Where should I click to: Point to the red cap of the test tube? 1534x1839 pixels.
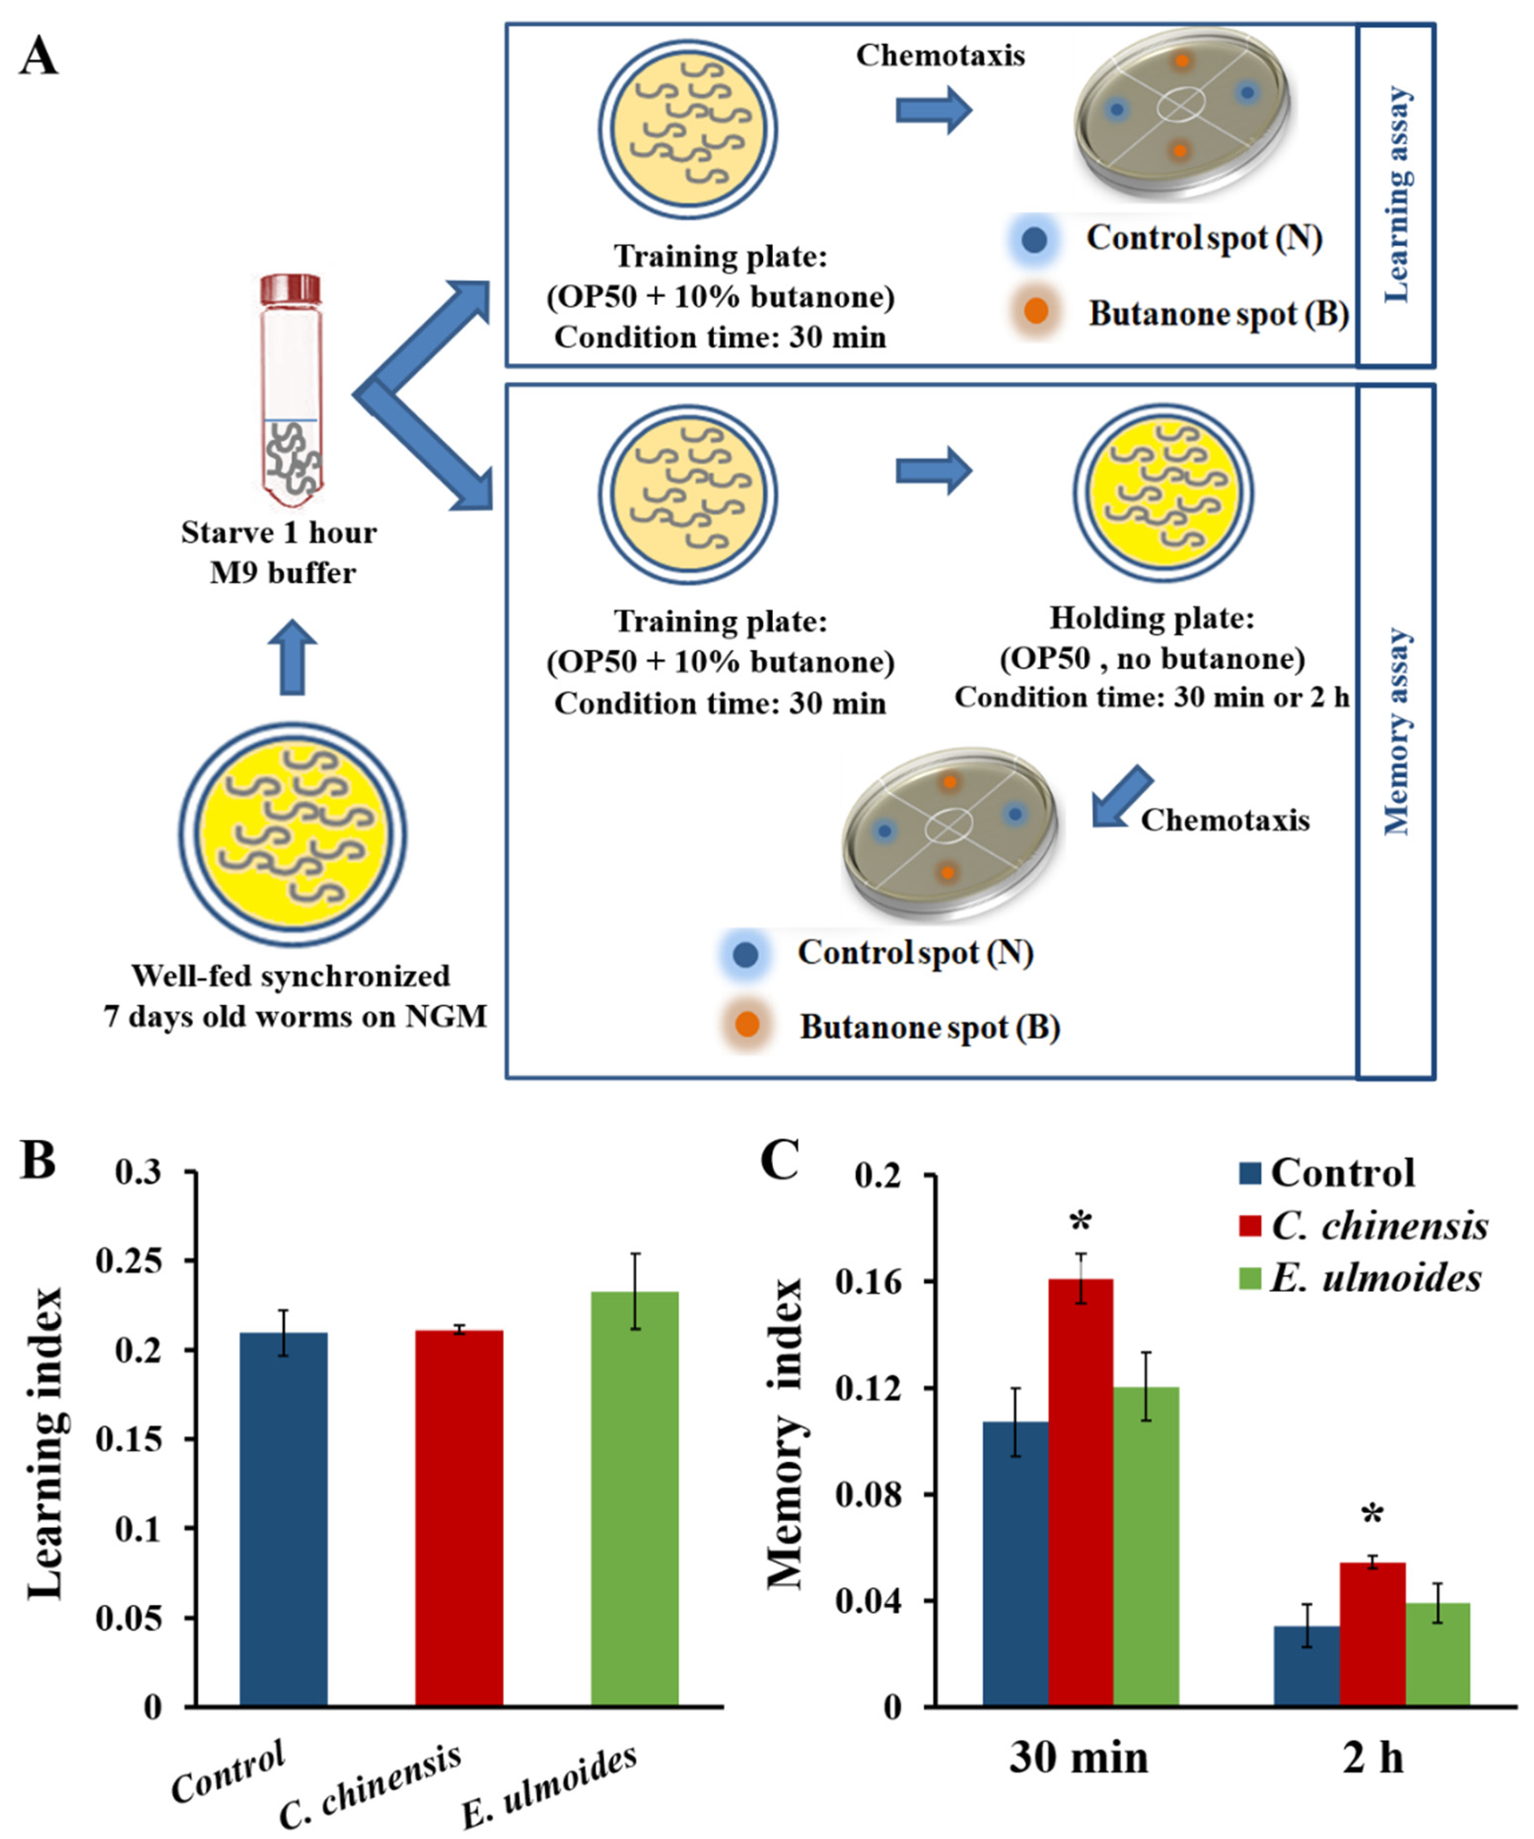pos(291,288)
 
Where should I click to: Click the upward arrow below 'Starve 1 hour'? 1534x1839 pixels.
pos(292,657)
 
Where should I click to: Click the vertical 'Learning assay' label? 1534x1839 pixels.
pos(1397,194)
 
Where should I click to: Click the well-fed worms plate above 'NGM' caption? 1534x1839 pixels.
pos(292,833)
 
